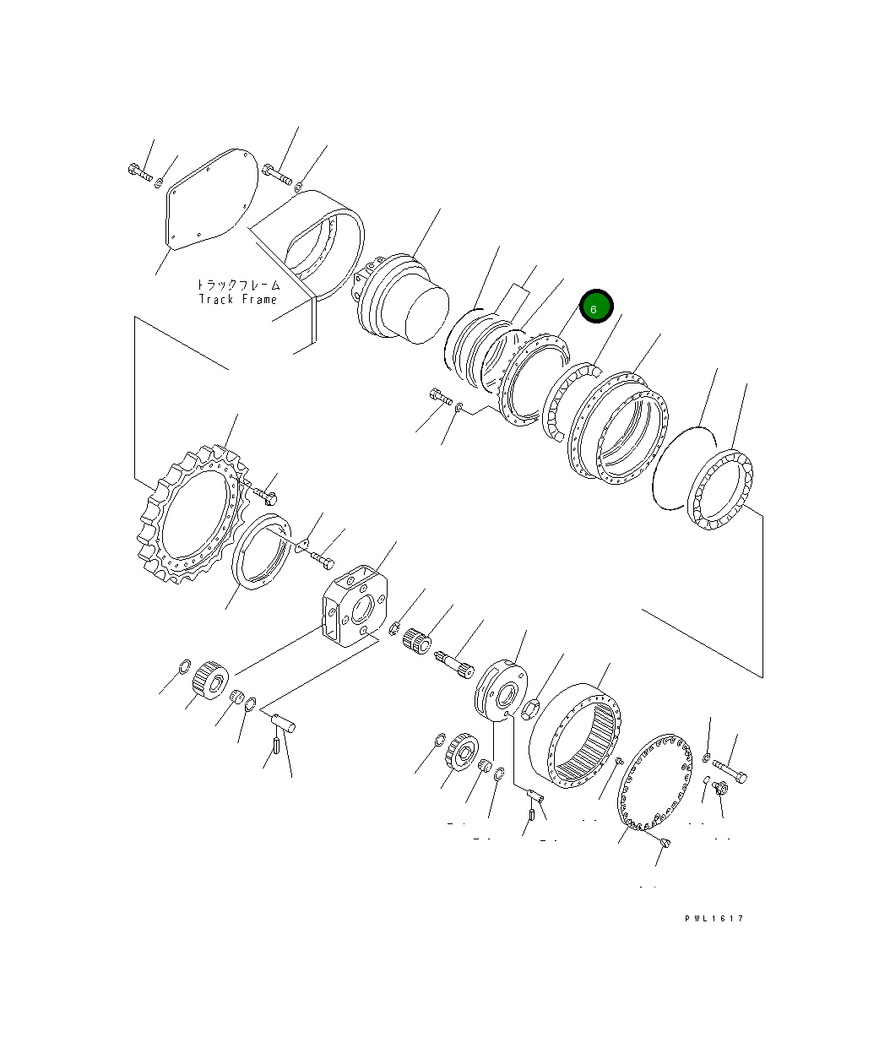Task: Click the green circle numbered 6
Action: (596, 306)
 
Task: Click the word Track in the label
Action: (215, 299)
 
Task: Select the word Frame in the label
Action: (259, 299)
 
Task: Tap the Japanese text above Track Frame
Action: (238, 285)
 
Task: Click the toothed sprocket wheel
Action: (192, 514)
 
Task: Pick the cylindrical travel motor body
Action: (400, 299)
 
